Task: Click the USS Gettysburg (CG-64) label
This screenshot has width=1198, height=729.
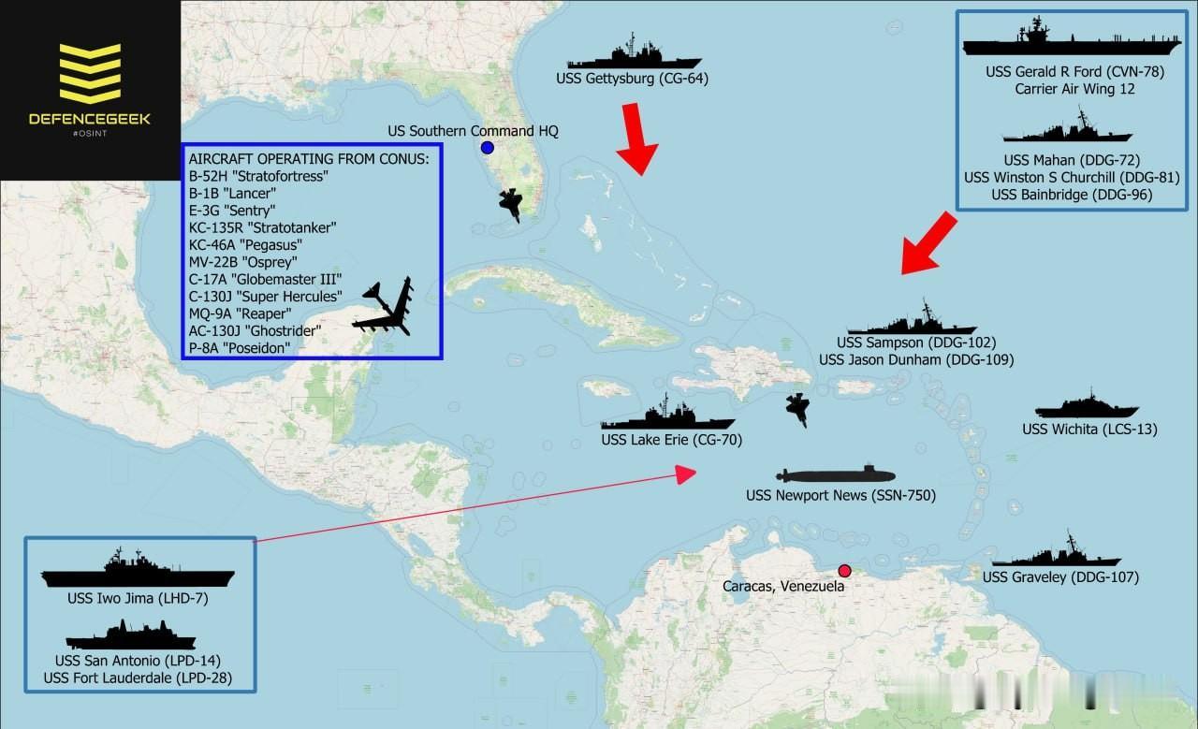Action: point(632,79)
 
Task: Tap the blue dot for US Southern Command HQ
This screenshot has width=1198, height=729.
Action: point(488,148)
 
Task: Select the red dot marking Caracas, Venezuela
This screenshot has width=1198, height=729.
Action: point(844,571)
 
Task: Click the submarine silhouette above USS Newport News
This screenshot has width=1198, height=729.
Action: point(835,474)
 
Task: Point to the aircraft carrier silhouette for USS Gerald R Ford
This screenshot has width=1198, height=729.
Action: point(1059,42)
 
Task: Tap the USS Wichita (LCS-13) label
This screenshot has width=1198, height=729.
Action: point(1089,430)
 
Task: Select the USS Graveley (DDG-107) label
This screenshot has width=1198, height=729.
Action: point(1060,577)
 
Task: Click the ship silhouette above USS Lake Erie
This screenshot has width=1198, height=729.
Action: point(667,416)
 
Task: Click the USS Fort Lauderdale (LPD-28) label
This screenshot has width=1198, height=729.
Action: point(138,678)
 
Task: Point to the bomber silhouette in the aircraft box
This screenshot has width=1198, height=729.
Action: point(387,308)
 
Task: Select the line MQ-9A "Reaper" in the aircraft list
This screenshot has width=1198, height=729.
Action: point(240,313)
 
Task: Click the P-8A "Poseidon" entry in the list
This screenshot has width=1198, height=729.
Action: point(240,347)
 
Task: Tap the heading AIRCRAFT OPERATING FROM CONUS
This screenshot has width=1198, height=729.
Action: point(309,158)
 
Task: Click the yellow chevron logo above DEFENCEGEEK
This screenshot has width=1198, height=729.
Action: point(90,72)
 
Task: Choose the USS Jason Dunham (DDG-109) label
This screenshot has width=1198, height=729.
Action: point(916,359)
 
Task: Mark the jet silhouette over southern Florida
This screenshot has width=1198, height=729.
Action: point(511,204)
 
